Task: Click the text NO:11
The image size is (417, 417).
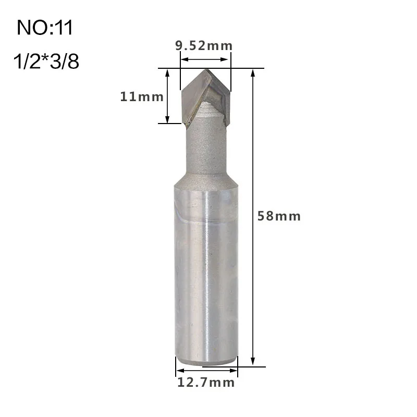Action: pyautogui.click(x=45, y=27)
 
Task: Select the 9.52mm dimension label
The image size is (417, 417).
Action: pyautogui.click(x=204, y=45)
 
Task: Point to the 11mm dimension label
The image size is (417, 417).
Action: pyautogui.click(x=142, y=96)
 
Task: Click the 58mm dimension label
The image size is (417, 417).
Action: pyautogui.click(x=279, y=216)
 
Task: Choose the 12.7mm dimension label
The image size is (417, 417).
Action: pyautogui.click(x=206, y=383)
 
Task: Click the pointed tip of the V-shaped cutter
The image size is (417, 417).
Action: pyautogui.click(x=205, y=71)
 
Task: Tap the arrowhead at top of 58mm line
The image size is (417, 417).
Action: pyautogui.click(x=253, y=71)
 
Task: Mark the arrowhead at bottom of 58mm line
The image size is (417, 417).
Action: pyautogui.click(x=253, y=362)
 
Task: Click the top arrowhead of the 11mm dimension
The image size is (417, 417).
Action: pyautogui.click(x=167, y=71)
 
